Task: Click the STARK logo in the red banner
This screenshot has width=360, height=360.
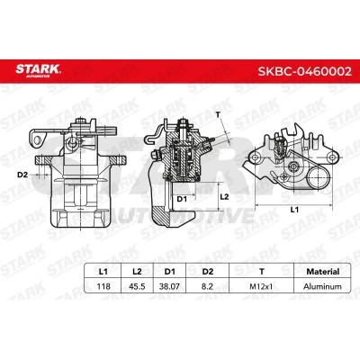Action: click(38, 71)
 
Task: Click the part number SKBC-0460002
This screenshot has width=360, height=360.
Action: click(304, 71)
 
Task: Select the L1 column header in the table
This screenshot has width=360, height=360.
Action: click(103, 272)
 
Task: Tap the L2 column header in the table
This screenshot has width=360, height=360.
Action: click(137, 272)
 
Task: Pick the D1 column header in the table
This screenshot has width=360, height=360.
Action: click(170, 272)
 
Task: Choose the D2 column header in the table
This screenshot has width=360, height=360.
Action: click(207, 272)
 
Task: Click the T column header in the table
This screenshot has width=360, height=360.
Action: click(262, 272)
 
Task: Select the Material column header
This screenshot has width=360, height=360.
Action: click(322, 272)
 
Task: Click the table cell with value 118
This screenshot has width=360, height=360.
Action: click(103, 286)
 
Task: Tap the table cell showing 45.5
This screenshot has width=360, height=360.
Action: click(137, 286)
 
